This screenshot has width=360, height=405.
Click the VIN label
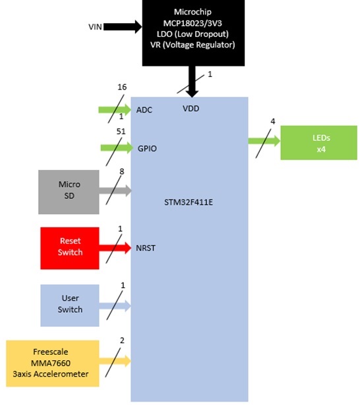[95, 26]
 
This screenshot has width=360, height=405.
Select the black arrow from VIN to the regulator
[123, 26]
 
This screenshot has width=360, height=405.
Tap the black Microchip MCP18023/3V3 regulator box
[193, 33]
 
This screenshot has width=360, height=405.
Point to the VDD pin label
[191, 109]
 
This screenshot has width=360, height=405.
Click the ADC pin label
[144, 110]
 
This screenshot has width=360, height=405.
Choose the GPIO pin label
[147, 149]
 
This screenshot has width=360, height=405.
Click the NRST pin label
[146, 248]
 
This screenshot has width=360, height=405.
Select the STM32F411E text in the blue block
[189, 202]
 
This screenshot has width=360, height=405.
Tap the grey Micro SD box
[69, 192]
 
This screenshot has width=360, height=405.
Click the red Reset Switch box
[70, 248]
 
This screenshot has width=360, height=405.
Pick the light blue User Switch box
[70, 306]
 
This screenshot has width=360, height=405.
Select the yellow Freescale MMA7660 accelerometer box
[53, 364]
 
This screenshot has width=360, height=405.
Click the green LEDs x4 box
[319, 143]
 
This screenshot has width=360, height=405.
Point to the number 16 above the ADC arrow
[122, 87]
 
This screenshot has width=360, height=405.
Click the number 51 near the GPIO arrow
[121, 132]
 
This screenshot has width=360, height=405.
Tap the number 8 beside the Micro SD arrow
[121, 171]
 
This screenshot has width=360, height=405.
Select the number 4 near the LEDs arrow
[273, 121]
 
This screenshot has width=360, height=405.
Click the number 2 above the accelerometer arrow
[122, 340]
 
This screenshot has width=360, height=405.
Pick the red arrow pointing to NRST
[115, 248]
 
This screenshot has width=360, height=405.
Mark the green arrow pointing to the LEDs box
[264, 141]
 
